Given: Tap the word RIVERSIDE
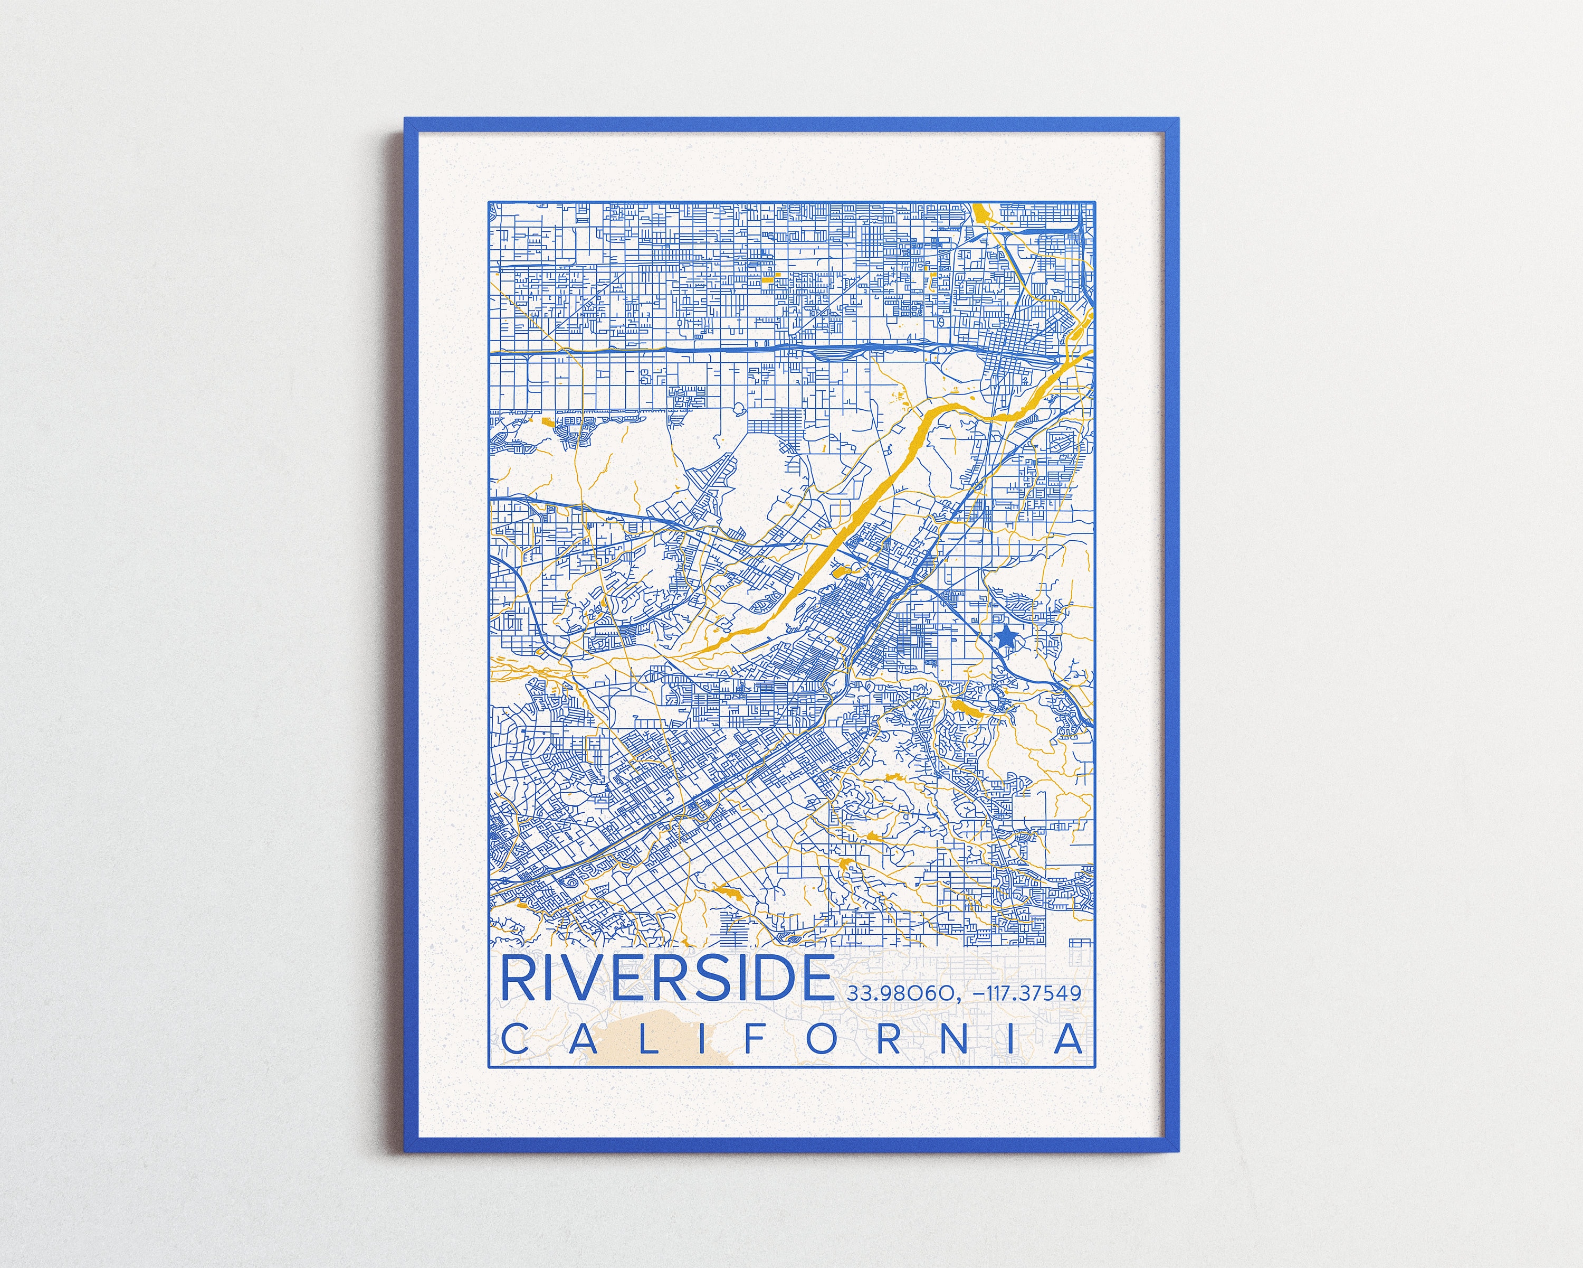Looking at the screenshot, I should [666, 979].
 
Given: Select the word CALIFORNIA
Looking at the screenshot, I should [791, 1039].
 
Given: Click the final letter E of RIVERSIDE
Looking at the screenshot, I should [812, 979].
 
